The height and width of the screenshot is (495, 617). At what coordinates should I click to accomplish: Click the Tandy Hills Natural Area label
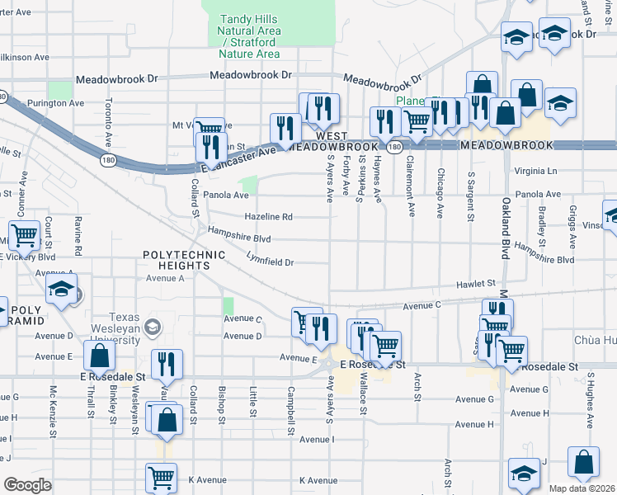click(x=249, y=36)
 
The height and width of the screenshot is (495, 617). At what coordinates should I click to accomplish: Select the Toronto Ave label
click(x=109, y=121)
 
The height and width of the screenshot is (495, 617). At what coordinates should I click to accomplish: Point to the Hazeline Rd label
click(x=268, y=218)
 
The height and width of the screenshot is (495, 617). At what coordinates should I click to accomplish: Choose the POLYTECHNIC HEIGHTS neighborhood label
click(x=184, y=261)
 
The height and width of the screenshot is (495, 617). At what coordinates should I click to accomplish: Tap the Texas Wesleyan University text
click(x=114, y=328)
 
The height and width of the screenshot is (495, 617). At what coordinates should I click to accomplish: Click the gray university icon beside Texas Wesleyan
click(x=152, y=328)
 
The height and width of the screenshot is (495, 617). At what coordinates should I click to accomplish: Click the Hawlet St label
click(x=476, y=283)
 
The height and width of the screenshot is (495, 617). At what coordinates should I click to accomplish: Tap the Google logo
click(x=28, y=485)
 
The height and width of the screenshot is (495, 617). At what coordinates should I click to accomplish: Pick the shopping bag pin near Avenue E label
click(x=99, y=358)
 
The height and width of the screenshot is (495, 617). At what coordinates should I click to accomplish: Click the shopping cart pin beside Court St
click(x=25, y=235)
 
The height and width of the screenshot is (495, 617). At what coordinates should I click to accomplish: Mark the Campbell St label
click(x=291, y=410)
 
